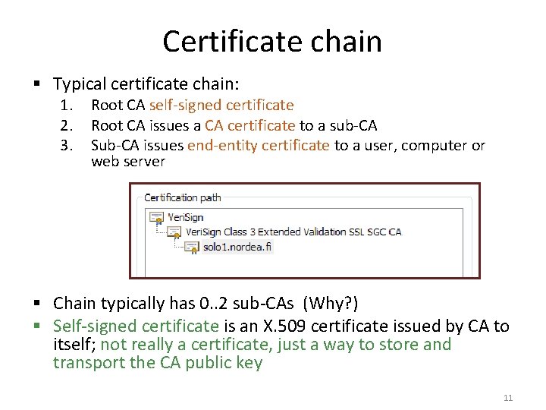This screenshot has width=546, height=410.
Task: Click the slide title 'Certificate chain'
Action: [x=272, y=41]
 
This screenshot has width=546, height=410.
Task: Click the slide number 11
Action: [x=508, y=398]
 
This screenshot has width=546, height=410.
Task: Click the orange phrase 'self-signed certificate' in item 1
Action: [x=221, y=105]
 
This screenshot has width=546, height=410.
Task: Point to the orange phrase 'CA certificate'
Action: [x=250, y=125]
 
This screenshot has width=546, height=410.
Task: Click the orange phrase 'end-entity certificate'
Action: [x=259, y=145]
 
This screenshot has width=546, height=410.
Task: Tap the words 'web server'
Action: [x=128, y=162]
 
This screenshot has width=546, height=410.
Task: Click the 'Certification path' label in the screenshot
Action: [x=183, y=197]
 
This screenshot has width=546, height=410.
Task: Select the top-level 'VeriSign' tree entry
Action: [x=186, y=216]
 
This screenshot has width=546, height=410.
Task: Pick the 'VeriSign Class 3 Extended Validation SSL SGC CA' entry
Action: [x=293, y=232]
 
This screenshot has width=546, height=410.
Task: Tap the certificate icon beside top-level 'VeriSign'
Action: [x=157, y=217]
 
